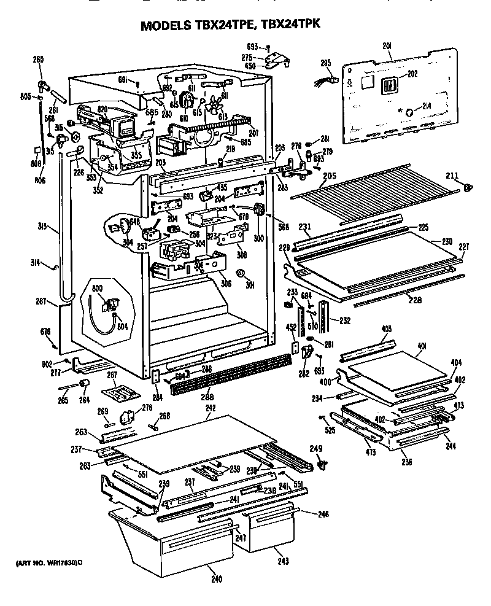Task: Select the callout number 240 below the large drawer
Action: click(215, 578)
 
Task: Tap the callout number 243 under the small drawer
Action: click(283, 561)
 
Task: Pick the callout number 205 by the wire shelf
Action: click(330, 175)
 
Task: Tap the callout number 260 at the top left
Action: click(38, 60)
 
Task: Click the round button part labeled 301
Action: click(241, 273)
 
